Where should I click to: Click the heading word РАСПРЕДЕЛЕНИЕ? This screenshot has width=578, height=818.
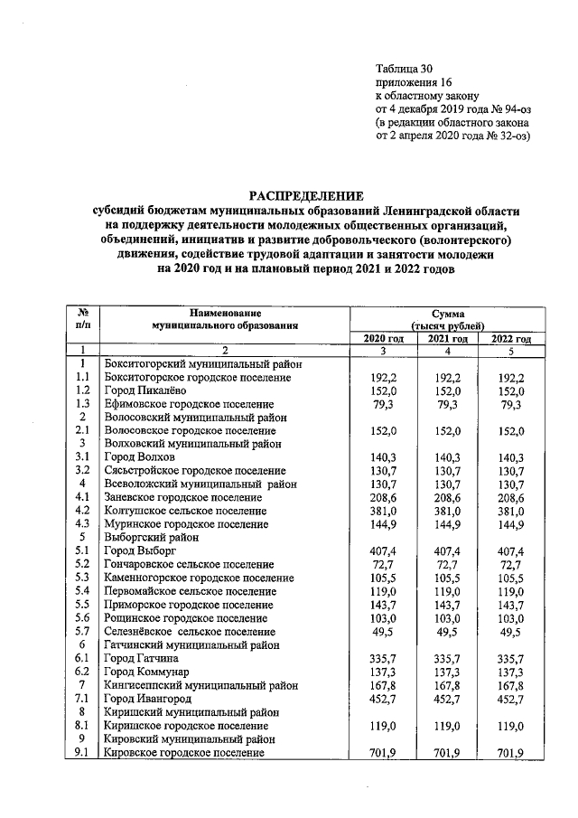(306, 195)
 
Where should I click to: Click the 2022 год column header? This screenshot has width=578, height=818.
(510, 338)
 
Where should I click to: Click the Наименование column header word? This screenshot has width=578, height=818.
(224, 312)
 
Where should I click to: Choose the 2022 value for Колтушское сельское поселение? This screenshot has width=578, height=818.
(510, 511)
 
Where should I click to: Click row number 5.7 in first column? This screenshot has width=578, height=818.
(82, 631)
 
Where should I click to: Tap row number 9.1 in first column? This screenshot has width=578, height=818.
(82, 752)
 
